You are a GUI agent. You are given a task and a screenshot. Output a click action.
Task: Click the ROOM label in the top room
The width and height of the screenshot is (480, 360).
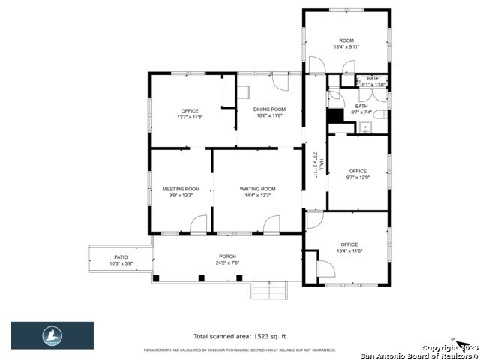346,40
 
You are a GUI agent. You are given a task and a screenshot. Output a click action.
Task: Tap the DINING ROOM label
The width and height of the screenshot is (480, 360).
269,110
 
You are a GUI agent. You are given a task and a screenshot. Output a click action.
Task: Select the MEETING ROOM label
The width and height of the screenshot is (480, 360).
181,189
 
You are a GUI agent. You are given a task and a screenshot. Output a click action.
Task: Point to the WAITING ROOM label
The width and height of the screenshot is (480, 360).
257,189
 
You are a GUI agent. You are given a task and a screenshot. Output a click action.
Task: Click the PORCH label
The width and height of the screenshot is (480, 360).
227,256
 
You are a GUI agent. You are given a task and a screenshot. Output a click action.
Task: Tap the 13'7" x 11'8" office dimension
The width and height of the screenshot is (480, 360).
190,117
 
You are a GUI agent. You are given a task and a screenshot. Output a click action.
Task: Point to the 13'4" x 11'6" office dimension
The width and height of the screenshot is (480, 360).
349,250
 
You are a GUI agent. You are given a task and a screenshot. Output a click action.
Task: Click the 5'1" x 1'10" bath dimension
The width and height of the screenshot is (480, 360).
373,85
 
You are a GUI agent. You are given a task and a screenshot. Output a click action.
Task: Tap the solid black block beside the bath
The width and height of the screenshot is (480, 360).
334,116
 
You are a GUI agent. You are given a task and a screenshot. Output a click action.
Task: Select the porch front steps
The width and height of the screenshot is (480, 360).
269,289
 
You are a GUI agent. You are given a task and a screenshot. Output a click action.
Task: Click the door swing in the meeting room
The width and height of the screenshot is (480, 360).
199,223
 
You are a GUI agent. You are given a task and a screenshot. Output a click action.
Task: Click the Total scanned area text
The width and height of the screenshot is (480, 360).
239,336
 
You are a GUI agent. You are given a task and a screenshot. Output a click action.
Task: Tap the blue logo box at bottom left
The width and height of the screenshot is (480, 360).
52,335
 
